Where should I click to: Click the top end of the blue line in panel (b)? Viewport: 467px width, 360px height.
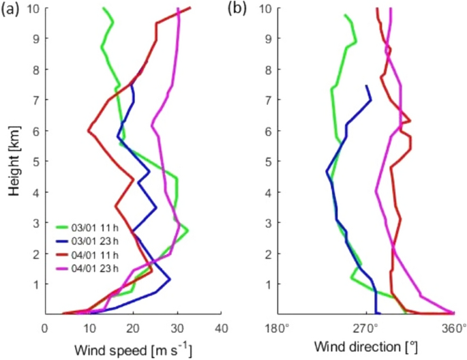(x=367, y=86)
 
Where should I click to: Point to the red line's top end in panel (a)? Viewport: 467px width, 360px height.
(x=191, y=7)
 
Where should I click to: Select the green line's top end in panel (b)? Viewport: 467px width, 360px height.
(x=345, y=15)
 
